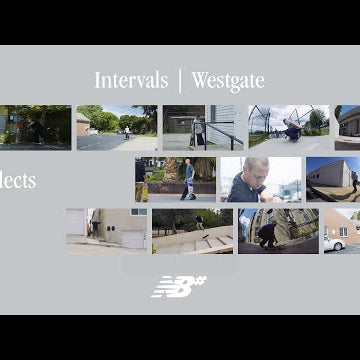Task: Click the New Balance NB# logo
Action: [x=179, y=286]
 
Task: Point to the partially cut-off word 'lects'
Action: [x=18, y=181]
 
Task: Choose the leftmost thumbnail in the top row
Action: [x=35, y=127]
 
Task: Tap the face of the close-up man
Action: [x=249, y=177]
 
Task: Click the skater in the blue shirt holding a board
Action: [x=189, y=175]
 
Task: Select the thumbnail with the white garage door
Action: [x=106, y=230]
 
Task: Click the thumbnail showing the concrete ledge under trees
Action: [x=192, y=230]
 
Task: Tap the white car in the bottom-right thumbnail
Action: [x=336, y=242]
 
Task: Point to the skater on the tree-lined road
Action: [x=126, y=130]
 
